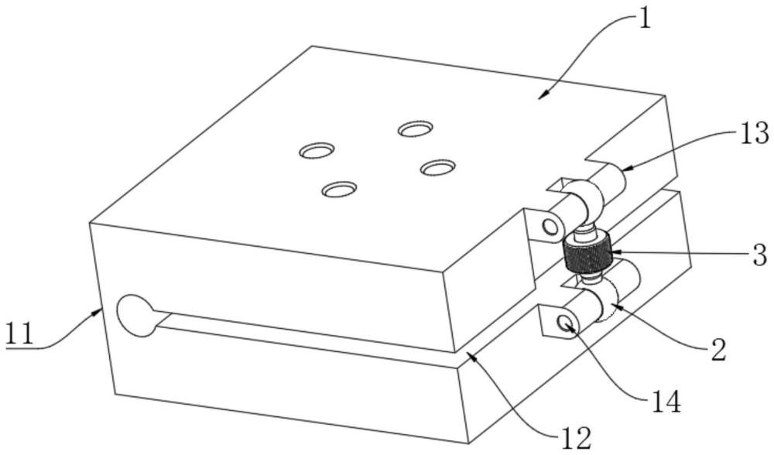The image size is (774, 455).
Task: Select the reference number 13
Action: [x=753, y=133]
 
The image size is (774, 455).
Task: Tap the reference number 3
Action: [x=760, y=255]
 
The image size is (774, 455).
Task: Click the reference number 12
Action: [x=576, y=437]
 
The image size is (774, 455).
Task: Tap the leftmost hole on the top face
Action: [x=317, y=150]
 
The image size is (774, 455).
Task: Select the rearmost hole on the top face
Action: [x=416, y=128]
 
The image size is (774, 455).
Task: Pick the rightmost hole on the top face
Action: [x=438, y=167]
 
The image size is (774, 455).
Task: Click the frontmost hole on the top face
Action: [x=339, y=189]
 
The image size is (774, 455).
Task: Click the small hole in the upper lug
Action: [x=550, y=227]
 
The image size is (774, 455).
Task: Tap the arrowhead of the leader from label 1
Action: [x=542, y=96]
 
